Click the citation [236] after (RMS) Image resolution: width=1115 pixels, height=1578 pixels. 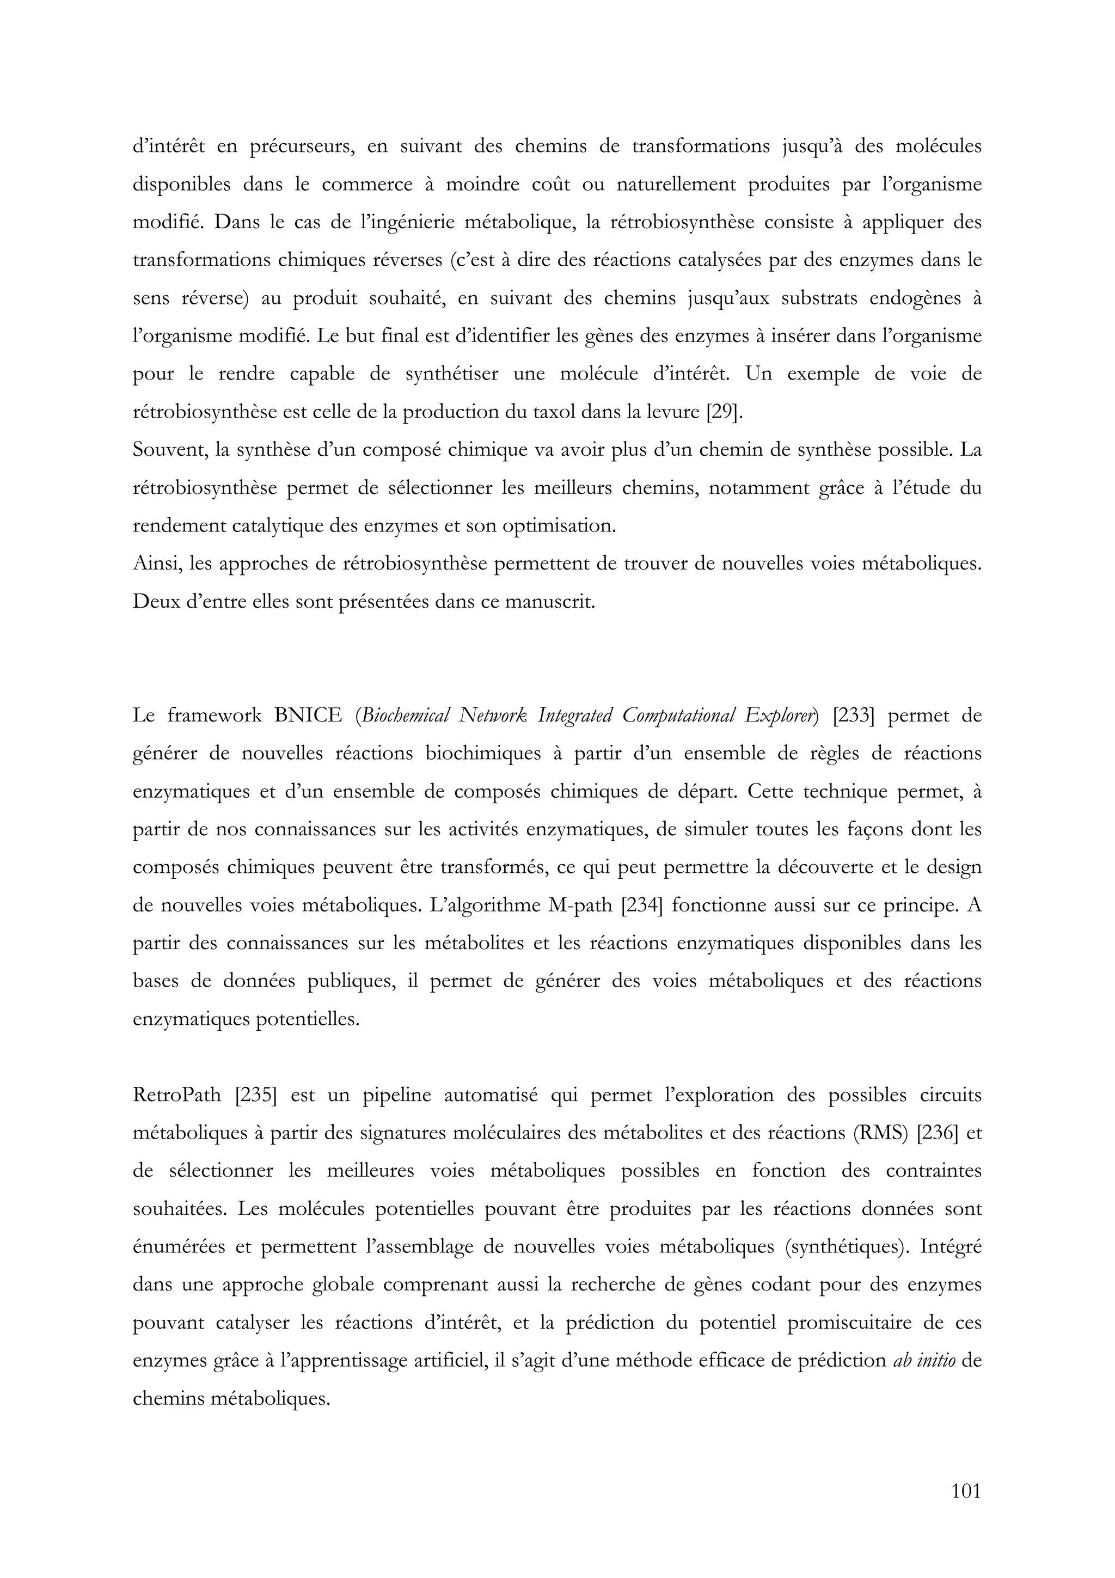coord(937,1133)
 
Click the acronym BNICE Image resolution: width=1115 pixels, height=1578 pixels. coord(308,716)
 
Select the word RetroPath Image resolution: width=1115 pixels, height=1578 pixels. coord(176,1095)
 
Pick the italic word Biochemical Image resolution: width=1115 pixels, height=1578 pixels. coord(405,716)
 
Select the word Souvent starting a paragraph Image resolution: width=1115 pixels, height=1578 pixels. coord(170,450)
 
